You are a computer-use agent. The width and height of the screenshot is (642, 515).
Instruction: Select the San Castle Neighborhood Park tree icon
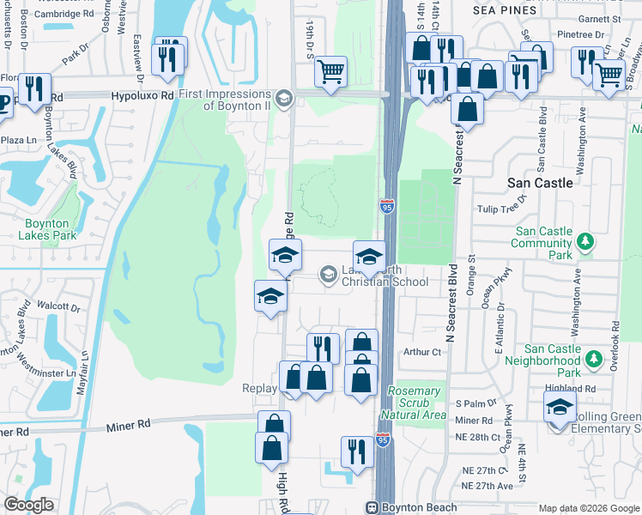(x=594, y=359)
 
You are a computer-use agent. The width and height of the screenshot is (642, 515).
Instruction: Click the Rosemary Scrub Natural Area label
(x=416, y=403)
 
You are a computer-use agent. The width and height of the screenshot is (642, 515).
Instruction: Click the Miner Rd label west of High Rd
(x=129, y=423)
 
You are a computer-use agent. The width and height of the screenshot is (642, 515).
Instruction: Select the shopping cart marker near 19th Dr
(x=330, y=72)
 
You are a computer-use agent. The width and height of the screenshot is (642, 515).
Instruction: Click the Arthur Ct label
(x=422, y=351)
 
